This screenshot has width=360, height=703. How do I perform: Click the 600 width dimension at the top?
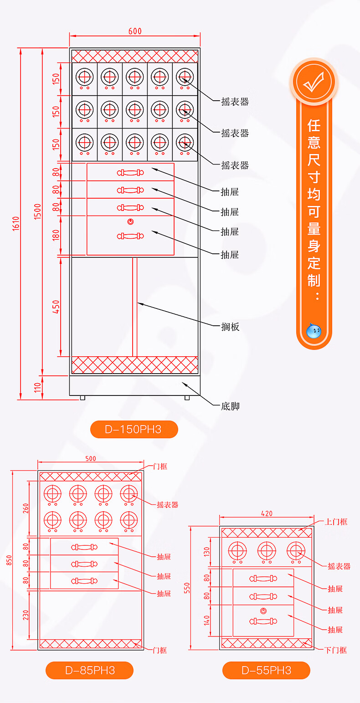pos(135,31)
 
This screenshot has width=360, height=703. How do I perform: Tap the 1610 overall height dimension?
pos(15,223)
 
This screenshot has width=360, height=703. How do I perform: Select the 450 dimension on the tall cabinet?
pos(56,307)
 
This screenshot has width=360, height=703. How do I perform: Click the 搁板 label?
pos(230,327)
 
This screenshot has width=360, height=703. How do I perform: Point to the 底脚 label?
pos(230,406)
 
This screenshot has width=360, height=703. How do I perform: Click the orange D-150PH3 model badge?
pos(134,429)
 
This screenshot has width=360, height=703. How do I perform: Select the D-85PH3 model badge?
pos(89,670)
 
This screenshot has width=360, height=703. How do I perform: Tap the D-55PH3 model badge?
pos(266,670)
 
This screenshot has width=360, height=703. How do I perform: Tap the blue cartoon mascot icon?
pos(314,331)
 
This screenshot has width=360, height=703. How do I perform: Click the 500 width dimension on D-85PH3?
pos(91,459)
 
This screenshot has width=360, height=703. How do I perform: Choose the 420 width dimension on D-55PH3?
pos(267,513)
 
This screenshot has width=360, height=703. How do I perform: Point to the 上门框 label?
pos(336,522)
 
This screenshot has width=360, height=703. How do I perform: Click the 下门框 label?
pos(336,650)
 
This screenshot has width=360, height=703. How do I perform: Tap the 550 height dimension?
pos(187,588)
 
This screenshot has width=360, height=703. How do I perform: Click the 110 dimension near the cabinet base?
pos(38,388)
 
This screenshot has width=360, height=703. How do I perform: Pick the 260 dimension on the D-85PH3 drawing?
pos(26,508)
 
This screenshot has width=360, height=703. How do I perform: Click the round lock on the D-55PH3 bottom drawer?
pos(263,611)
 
